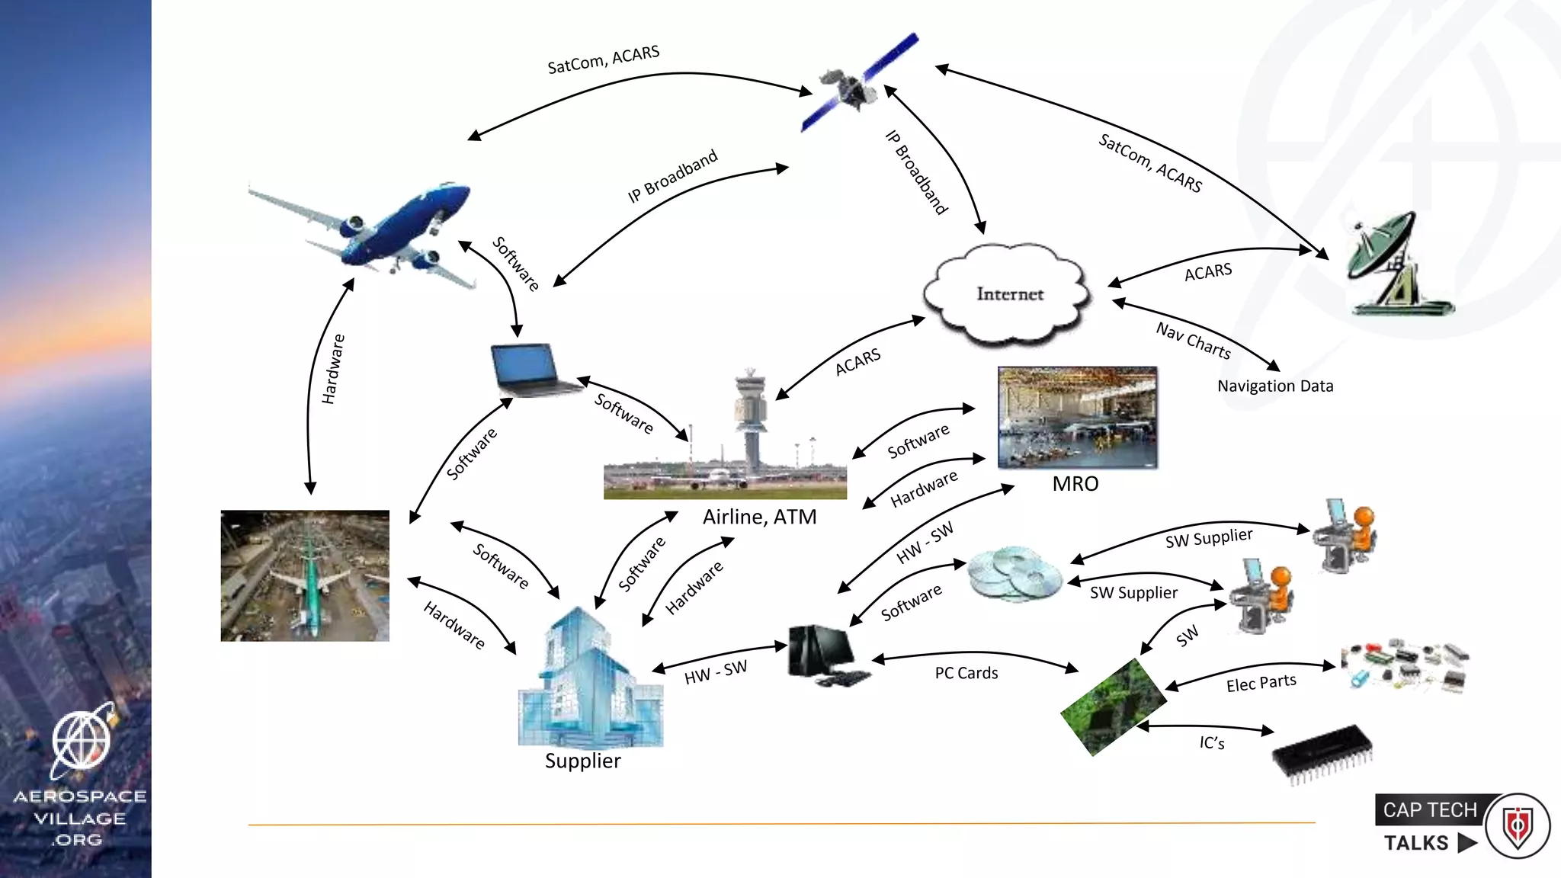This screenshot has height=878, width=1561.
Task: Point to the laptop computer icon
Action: [x=530, y=370]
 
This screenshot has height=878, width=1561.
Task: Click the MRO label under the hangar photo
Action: [x=1075, y=484]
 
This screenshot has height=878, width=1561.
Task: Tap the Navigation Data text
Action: [x=1274, y=386]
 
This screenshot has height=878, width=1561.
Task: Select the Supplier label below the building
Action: [x=582, y=761]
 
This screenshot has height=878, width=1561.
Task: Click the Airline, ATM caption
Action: [x=759, y=518]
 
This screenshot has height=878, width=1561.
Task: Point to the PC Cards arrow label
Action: [x=966, y=673]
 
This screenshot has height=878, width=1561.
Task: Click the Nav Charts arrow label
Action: [x=1193, y=341]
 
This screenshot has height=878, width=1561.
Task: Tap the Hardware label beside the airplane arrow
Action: [x=333, y=369]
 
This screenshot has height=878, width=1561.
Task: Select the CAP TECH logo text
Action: [x=1429, y=810]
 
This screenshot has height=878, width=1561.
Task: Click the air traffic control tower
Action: [x=751, y=419]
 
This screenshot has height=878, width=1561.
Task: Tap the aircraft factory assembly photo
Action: [x=305, y=575]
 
